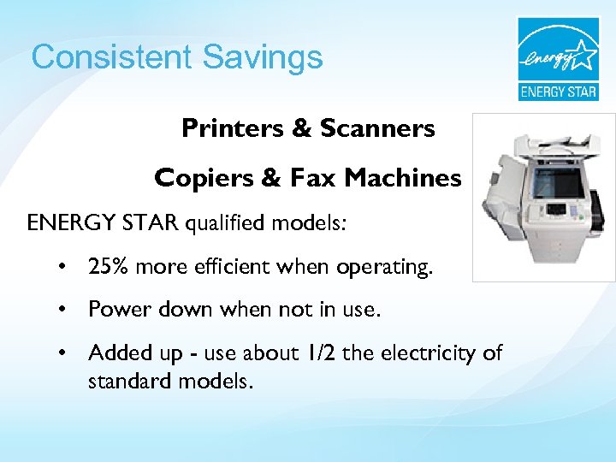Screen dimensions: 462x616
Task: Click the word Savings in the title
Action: click(263, 57)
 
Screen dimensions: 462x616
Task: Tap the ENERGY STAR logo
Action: click(557, 58)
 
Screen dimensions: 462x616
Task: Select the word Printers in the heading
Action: click(234, 128)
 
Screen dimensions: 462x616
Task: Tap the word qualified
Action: click(226, 224)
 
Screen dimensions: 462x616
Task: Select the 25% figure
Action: click(107, 268)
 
